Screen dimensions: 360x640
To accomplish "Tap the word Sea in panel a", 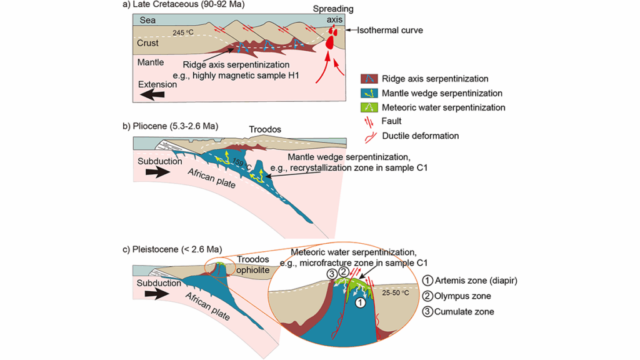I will [x=147, y=21].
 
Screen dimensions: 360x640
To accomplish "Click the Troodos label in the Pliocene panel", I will [x=266, y=130].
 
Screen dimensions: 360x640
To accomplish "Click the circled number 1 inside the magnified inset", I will [x=359, y=301].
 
